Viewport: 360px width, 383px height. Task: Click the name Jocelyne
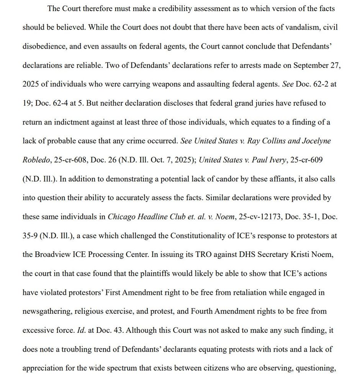pos(316,141)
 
